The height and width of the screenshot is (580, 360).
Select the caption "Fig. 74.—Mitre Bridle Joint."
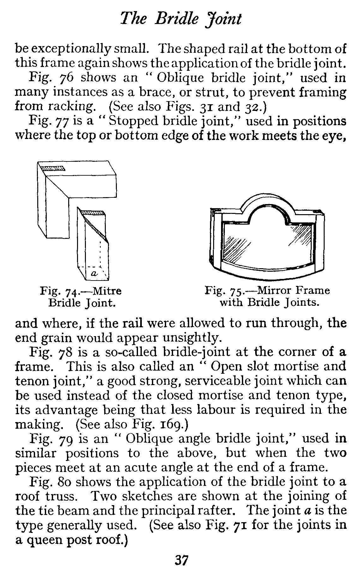pos(81,297)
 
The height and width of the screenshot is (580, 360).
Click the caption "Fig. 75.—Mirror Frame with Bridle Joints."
pos(267,296)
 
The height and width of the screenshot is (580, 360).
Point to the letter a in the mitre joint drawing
pos(94,272)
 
